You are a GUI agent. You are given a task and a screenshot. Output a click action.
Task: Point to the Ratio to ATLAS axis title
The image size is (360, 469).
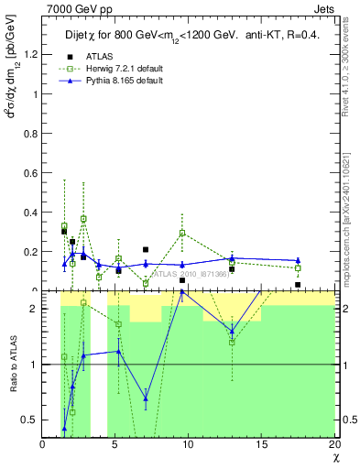pyautogui.click(x=13, y=365)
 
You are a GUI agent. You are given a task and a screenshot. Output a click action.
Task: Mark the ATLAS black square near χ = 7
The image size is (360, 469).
pyautogui.click(x=146, y=249)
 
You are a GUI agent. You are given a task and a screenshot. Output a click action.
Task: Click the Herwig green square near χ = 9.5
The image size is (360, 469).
pyautogui.click(x=182, y=233)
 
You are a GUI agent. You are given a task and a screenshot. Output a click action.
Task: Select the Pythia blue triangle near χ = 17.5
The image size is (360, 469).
pyautogui.click(x=298, y=261)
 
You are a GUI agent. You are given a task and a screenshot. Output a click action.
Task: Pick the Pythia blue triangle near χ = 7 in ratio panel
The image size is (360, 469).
pyautogui.click(x=146, y=398)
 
